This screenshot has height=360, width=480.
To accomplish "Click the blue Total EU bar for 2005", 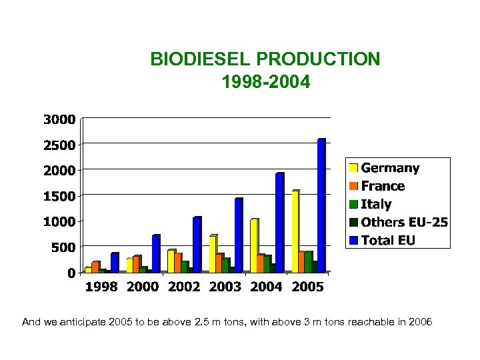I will point(321,206).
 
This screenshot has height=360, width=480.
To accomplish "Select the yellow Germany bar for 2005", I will point(295,232).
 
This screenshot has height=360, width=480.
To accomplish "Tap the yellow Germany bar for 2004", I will point(253,246).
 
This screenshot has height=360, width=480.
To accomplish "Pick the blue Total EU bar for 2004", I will point(279,223).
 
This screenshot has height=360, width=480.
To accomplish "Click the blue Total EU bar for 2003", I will point(238,236).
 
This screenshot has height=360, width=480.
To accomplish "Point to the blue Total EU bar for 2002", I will point(197,245).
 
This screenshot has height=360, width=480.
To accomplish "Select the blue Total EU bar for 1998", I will point(114,263).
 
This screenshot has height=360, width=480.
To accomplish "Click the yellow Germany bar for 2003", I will point(213,254).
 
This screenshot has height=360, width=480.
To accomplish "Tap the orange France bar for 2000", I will point(136,264).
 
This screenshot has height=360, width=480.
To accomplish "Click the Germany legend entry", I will point(390,168).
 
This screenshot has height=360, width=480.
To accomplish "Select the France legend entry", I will point(383,186).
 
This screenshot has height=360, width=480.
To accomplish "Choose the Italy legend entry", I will point(376,204).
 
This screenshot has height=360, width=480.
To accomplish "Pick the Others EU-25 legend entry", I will point(403,222).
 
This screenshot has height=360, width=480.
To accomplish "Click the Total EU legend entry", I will point(387,240).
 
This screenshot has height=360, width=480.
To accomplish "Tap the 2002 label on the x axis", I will point(183,287).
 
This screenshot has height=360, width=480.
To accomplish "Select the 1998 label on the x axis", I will point(101,287).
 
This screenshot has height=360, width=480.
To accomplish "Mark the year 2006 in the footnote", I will point(421,323).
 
